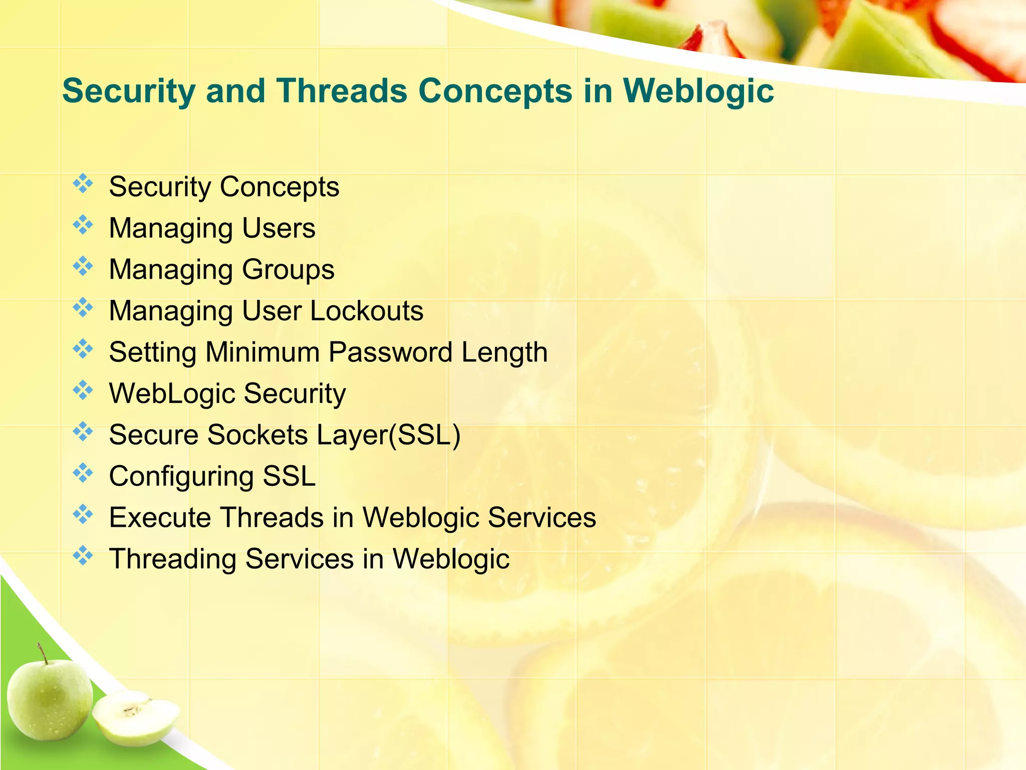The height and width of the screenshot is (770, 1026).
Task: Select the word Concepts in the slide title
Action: (x=495, y=91)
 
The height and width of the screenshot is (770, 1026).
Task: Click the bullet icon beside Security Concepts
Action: (x=83, y=184)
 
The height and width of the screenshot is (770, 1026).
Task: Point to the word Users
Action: (x=279, y=228)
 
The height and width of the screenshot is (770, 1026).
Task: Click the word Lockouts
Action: (x=367, y=311)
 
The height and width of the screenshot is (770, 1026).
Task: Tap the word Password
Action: (x=391, y=352)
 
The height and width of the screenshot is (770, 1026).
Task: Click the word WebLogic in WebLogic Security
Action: (x=172, y=393)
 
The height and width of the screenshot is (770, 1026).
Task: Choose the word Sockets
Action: (x=258, y=435)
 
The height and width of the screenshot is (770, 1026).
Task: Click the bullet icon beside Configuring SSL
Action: (x=83, y=473)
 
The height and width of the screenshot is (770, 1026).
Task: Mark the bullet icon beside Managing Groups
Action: (x=83, y=266)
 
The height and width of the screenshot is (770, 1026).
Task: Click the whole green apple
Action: (x=49, y=699)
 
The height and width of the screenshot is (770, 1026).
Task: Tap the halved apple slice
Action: (x=135, y=717)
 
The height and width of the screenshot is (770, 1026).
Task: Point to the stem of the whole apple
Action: (x=43, y=653)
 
